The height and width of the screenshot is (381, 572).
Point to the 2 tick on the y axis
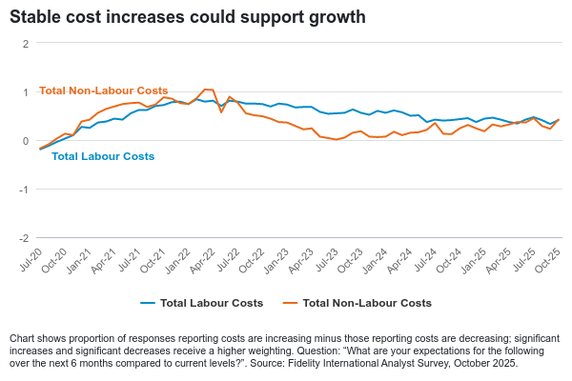coord(26,44)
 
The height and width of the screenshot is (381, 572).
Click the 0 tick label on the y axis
coord(26,141)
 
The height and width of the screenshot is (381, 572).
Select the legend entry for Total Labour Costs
coord(204,303)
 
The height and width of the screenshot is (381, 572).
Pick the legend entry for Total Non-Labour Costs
coord(366,303)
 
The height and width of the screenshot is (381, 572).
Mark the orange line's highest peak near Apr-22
coord(207,90)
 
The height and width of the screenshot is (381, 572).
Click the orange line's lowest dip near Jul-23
coord(337,141)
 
